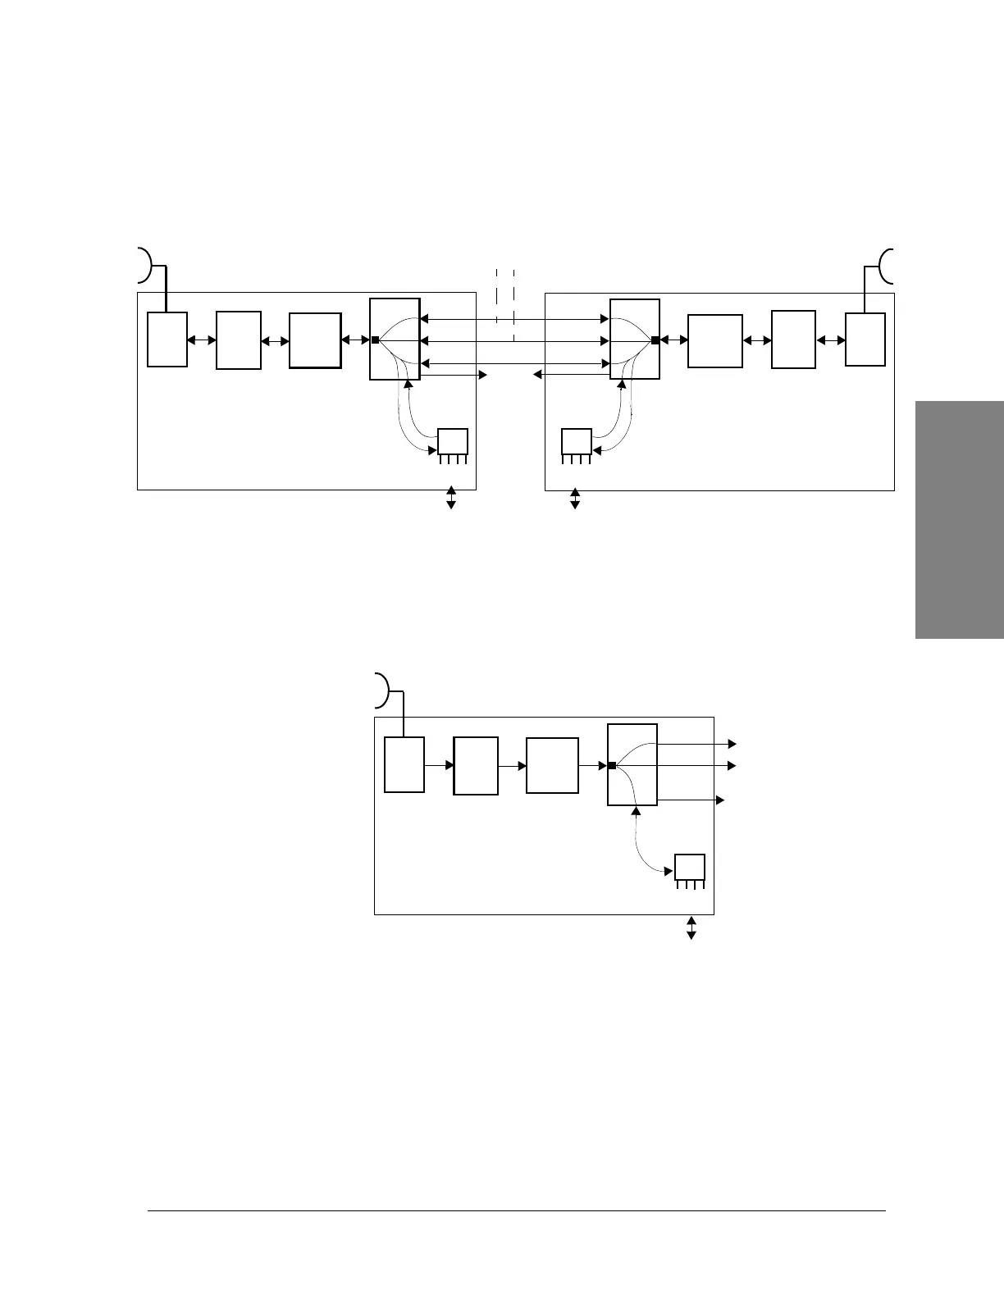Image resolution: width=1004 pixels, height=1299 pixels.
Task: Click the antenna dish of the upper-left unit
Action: coord(146,263)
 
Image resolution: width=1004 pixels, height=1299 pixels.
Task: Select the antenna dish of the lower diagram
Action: coord(382,690)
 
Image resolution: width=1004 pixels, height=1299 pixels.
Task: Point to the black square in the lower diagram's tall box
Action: coord(612,765)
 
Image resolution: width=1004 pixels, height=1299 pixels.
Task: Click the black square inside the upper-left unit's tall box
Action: coord(375,340)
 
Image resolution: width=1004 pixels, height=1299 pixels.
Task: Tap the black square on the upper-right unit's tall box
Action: coord(655,340)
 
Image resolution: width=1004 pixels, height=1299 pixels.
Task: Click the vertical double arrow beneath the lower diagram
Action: coord(691,928)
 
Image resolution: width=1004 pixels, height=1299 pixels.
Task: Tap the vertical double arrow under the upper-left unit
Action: coord(450,497)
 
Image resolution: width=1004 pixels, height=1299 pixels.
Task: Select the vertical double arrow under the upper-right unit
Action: coord(574,498)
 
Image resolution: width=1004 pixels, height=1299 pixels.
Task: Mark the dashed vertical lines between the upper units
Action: coord(505,303)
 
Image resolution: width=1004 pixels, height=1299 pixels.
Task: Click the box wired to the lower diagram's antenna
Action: coord(404,764)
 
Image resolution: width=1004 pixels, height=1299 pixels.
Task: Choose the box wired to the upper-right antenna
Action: coord(865,339)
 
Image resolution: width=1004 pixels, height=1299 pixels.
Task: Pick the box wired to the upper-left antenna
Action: coord(167,339)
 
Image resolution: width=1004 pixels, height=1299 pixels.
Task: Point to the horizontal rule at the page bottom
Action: coord(517,1210)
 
